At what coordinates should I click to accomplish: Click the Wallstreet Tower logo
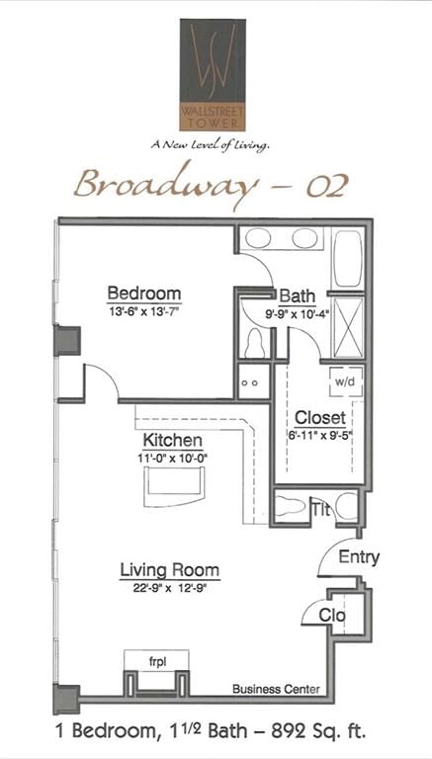point(213,74)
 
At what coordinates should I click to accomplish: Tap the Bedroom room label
point(144,294)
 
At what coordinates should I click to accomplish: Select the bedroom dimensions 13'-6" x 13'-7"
point(144,310)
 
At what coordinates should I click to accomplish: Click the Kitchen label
point(172,441)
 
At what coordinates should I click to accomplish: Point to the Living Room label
point(170,569)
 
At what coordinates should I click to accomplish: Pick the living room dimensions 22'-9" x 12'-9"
point(170,587)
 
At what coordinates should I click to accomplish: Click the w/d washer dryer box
point(346,380)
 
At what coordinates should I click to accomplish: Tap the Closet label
point(320,418)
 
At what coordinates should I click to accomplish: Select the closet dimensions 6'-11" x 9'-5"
point(320,434)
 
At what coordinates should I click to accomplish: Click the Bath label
point(298,295)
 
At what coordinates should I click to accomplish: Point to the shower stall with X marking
point(348,328)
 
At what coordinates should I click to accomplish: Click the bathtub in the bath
point(347,258)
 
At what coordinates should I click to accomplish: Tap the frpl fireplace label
point(158,662)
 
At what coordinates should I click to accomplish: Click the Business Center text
point(276,689)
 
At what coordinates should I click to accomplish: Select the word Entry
point(359,556)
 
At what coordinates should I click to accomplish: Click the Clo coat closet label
point(332,616)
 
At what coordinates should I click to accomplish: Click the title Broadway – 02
point(212,185)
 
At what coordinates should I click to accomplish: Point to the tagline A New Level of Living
point(210,144)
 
